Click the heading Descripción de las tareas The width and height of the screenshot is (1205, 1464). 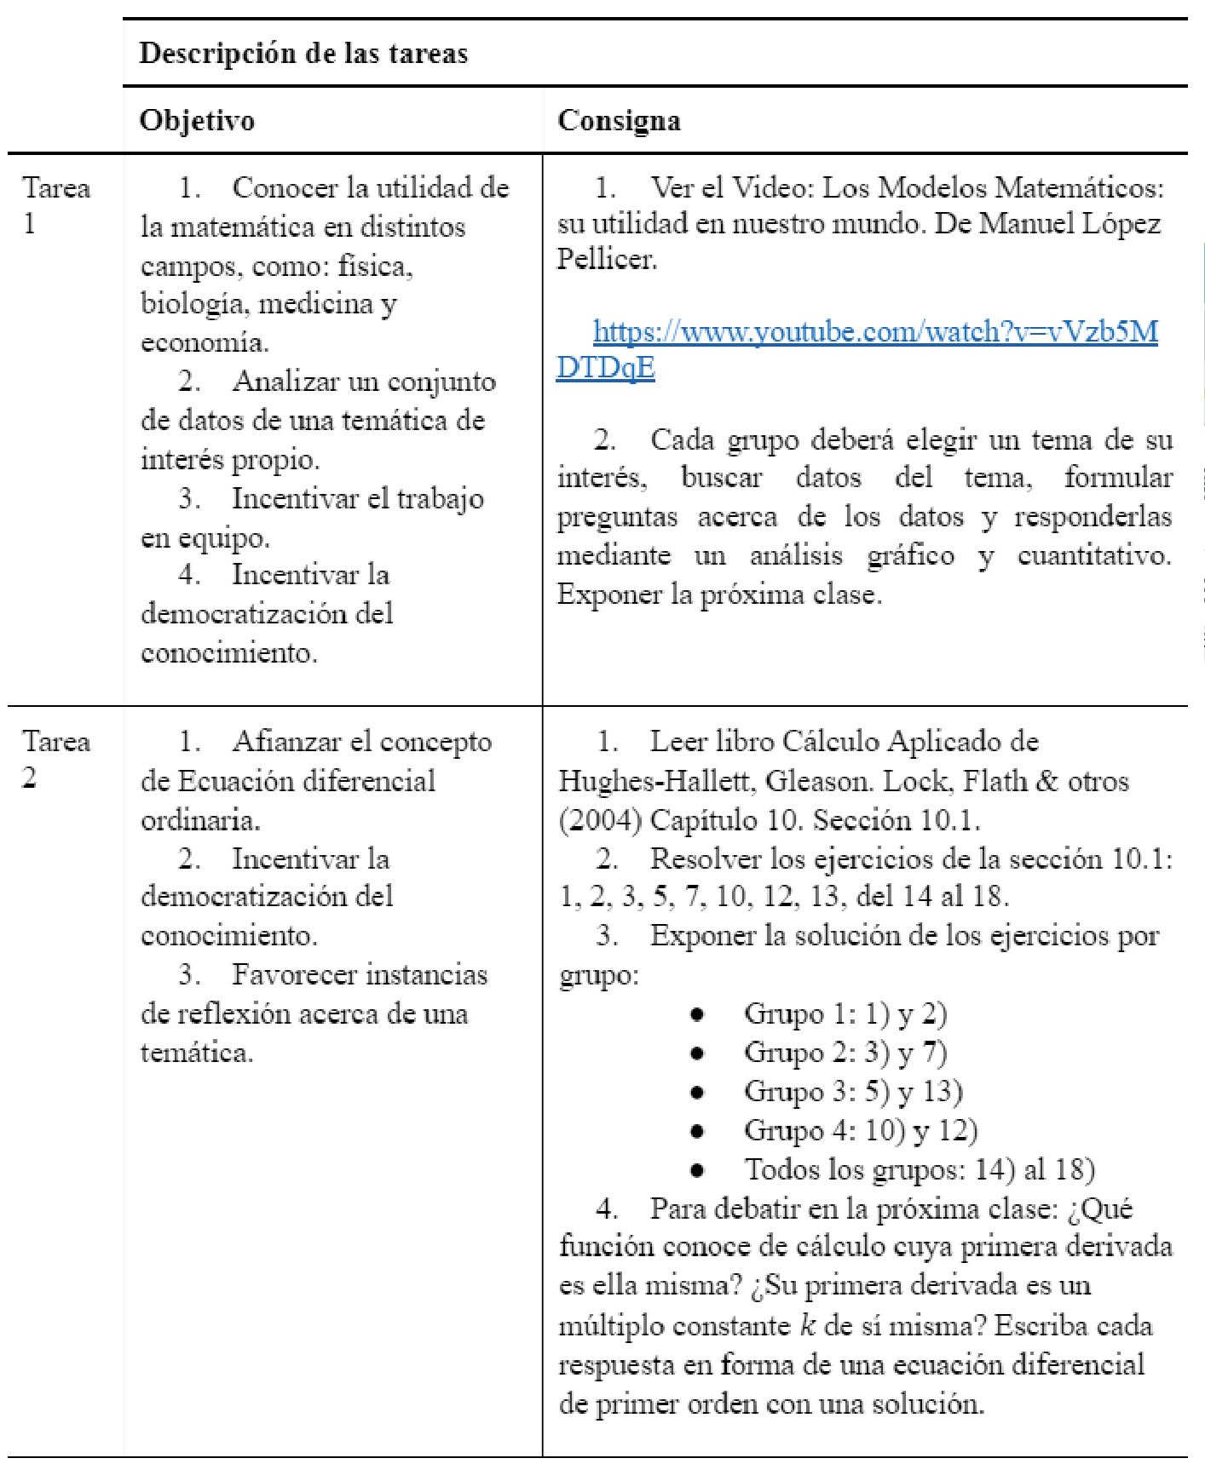[x=303, y=53]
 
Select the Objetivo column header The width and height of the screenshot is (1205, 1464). [x=197, y=120]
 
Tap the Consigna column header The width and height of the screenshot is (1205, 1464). [x=619, y=120]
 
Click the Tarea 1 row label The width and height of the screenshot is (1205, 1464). [x=55, y=204]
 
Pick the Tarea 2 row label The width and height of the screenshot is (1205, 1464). [x=55, y=758]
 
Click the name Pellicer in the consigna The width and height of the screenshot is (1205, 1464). [x=607, y=258]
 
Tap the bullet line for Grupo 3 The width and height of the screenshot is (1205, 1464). [x=853, y=1091]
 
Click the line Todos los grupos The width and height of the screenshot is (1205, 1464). [x=920, y=1169]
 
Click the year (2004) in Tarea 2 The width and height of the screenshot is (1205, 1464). [x=600, y=820]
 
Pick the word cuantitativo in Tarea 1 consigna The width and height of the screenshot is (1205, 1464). [x=1094, y=555]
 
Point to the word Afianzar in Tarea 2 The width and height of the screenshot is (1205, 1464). [x=283, y=742]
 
